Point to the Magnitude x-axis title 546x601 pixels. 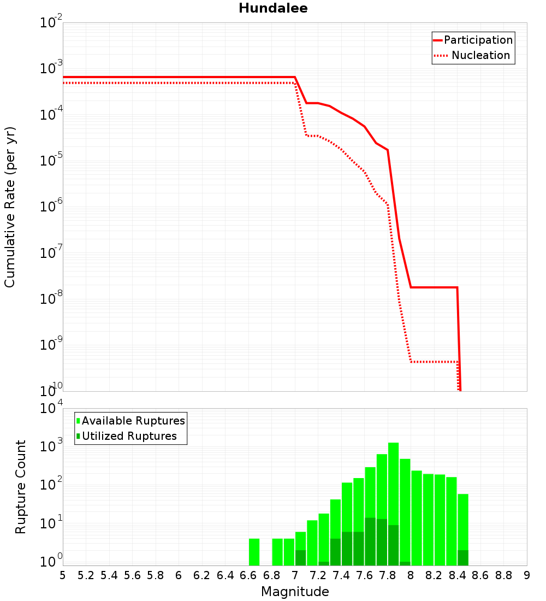click(295, 591)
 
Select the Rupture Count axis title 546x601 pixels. click(21, 486)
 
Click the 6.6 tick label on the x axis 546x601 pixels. click(248, 575)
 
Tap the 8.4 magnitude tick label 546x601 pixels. click(457, 575)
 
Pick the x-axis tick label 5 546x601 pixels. click(63, 575)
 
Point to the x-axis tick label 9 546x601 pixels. click(527, 575)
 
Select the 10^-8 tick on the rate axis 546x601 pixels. click(51, 299)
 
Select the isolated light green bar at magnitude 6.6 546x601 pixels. click(254, 552)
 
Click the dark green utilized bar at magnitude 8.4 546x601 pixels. click(463, 558)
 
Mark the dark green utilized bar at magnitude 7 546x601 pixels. click(300, 558)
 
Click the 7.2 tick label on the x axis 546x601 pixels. click(318, 575)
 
